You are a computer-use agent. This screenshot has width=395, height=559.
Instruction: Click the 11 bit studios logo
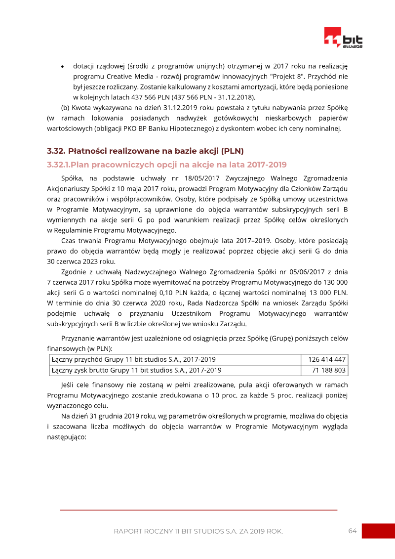coord(343,38)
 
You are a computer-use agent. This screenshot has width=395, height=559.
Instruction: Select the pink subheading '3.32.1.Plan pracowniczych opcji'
coord(167,164)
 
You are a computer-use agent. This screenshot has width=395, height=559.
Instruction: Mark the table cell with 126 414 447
coord(326,359)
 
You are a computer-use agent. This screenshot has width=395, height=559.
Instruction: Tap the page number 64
coord(352,531)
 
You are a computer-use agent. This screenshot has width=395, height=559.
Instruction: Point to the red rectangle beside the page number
coord(378,531)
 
